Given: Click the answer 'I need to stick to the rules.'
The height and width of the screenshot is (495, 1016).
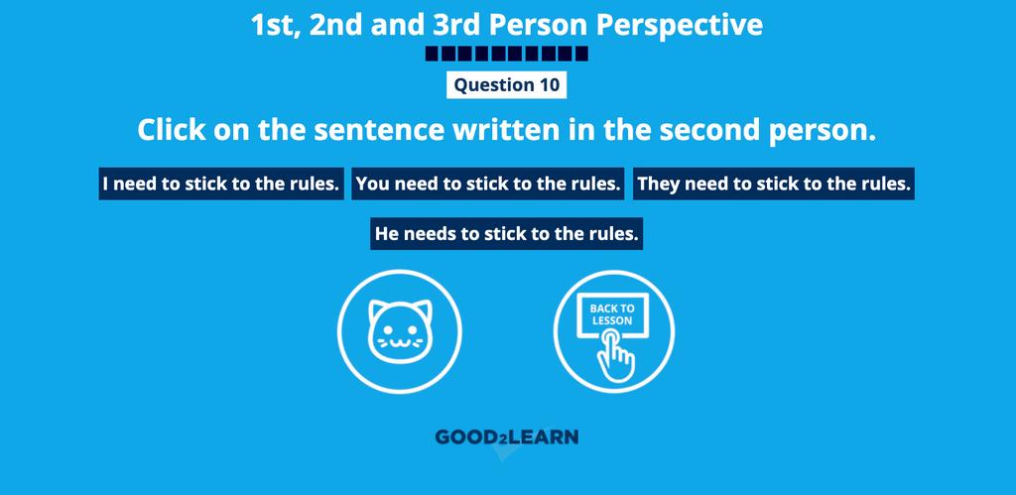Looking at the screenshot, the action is pyautogui.click(x=221, y=184).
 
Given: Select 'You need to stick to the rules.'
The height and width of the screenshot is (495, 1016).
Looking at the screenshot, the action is pyautogui.click(x=488, y=184).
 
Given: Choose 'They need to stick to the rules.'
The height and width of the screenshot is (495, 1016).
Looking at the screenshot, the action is pyautogui.click(x=774, y=184).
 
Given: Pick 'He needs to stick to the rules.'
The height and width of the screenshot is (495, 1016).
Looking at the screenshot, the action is pyautogui.click(x=507, y=234).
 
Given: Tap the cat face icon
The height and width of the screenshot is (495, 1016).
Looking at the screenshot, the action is pyautogui.click(x=400, y=331).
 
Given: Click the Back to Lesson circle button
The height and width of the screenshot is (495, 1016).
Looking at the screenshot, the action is pyautogui.click(x=614, y=331).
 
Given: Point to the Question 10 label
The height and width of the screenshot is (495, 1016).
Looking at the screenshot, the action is pyautogui.click(x=507, y=85).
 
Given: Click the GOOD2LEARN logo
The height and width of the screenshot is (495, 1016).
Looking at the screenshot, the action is pyautogui.click(x=507, y=437).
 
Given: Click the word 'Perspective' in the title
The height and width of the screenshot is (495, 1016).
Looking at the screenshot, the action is pyautogui.click(x=679, y=25).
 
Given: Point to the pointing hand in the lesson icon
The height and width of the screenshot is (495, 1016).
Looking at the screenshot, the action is pyautogui.click(x=614, y=354).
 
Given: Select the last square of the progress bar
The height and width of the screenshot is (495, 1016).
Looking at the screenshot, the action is pyautogui.click(x=581, y=54).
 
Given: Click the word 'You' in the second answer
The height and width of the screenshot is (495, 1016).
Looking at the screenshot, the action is pyautogui.click(x=373, y=184).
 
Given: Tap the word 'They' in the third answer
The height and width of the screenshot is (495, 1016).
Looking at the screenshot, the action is pyautogui.click(x=659, y=184).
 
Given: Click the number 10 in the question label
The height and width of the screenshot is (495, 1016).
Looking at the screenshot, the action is pyautogui.click(x=549, y=85).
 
